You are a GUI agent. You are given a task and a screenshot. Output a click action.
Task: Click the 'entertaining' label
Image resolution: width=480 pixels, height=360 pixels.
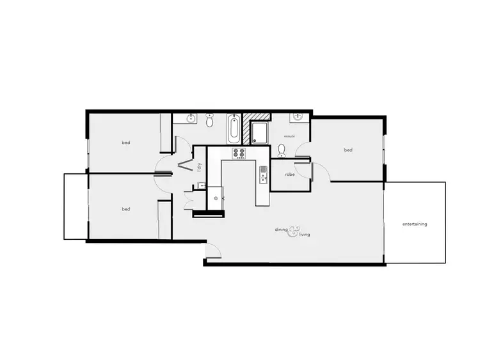point(415,224)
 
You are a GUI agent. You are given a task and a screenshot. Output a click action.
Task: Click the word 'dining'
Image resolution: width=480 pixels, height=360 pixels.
point(281,229)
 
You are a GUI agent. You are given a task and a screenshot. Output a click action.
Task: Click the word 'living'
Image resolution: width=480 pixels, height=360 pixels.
point(304,235)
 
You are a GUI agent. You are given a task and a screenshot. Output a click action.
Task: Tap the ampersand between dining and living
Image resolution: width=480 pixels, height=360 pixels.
point(294,230)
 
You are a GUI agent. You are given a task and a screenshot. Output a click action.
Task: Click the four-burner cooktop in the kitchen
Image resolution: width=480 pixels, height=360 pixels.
point(239,153)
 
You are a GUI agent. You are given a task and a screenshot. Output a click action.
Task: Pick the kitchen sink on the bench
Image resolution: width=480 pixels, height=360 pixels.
point(262,175)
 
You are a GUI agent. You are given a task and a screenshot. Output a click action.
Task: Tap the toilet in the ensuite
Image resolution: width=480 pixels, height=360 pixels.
point(282,151)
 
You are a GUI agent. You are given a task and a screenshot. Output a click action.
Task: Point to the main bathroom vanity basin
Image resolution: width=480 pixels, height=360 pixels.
point(190,118)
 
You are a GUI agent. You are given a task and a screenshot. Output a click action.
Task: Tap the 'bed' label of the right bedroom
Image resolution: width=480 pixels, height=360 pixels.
point(348,150)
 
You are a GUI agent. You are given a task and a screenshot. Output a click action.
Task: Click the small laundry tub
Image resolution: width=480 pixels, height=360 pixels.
point(202,185)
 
